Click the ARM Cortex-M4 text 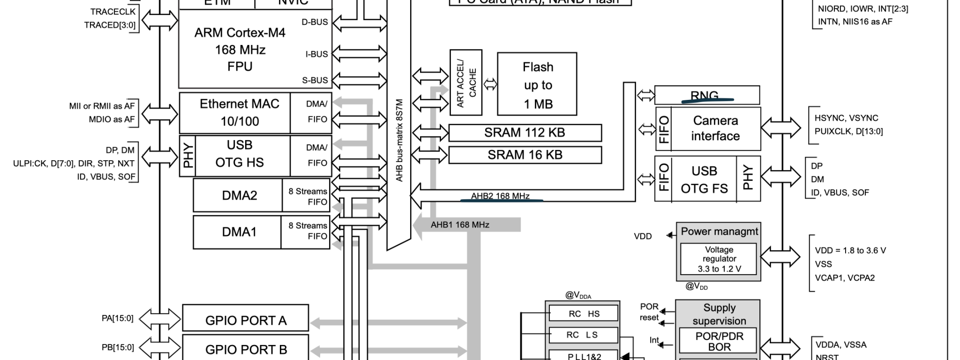click(240, 33)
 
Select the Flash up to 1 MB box click(537, 84)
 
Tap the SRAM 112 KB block click(525, 133)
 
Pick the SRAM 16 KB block click(525, 155)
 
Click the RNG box click(706, 95)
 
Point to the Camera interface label click(715, 128)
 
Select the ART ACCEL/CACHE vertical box click(466, 82)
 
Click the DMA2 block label click(239, 195)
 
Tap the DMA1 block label click(239, 232)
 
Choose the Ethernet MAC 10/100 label click(239, 112)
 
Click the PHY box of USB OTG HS click(187, 157)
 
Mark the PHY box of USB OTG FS click(748, 179)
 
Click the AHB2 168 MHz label click(500, 196)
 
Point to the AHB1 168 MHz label click(460, 225)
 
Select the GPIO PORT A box click(245, 320)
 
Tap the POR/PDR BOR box click(719, 342)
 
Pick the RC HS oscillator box click(584, 314)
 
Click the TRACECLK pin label click(112, 11)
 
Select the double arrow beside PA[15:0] click(160, 320)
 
